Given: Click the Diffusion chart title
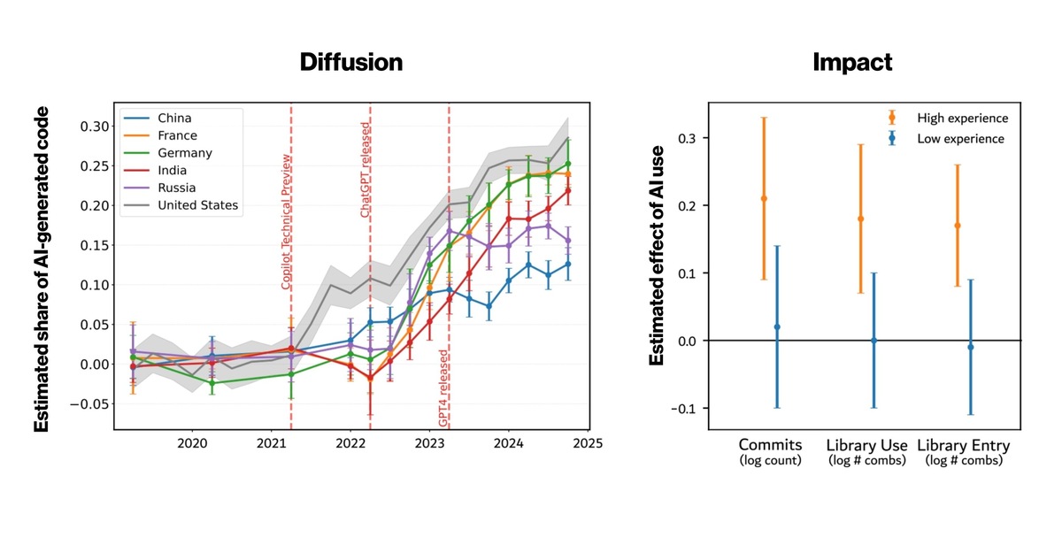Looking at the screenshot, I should pyautogui.click(x=350, y=62).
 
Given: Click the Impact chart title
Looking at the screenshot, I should pyautogui.click(x=852, y=62).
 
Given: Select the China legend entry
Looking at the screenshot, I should pyautogui.click(x=175, y=118).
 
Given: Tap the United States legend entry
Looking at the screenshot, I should pyautogui.click(x=197, y=205).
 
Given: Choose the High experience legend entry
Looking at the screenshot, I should pyautogui.click(x=962, y=118).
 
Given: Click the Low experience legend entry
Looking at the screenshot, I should pyautogui.click(x=961, y=139).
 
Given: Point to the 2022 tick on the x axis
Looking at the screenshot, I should pyautogui.click(x=350, y=443).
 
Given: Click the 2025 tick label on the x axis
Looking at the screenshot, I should pyautogui.click(x=587, y=443).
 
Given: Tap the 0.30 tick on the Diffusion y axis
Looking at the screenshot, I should pyautogui.click(x=92, y=126).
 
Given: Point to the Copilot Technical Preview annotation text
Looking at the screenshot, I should pyautogui.click(x=286, y=221).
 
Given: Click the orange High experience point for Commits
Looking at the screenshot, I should pyautogui.click(x=764, y=198).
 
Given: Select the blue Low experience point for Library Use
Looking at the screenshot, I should pyautogui.click(x=873, y=341).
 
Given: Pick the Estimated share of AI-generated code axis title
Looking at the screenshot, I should pyautogui.click(x=42, y=269).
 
